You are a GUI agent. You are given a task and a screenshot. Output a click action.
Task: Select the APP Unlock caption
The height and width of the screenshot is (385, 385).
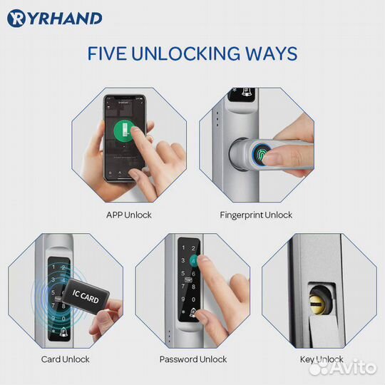click(128, 215)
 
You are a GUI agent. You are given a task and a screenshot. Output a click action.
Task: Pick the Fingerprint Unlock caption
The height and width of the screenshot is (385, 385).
click(257, 215)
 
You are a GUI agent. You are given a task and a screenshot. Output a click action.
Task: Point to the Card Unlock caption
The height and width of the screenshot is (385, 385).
click(65, 359)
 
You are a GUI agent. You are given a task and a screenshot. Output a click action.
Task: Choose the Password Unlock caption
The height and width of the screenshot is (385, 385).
click(193, 359)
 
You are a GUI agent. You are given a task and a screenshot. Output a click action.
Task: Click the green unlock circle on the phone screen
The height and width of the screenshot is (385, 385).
click(124, 133)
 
